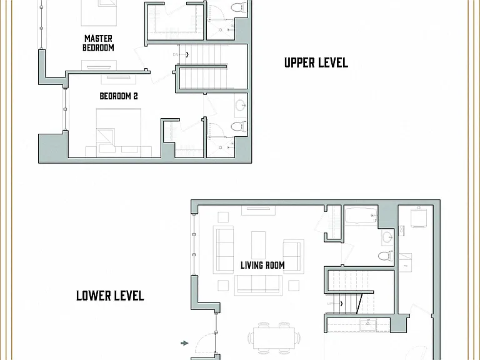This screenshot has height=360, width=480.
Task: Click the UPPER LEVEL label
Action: click(x=316, y=62)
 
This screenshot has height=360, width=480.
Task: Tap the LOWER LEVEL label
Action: click(x=110, y=296)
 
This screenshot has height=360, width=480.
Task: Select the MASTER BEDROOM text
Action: click(x=98, y=43)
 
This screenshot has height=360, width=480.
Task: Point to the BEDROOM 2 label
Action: click(x=119, y=96)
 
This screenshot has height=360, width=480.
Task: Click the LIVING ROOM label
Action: click(x=262, y=265)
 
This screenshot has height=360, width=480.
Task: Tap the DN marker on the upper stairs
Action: click(x=176, y=55)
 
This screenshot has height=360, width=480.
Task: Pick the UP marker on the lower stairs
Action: click(x=330, y=304)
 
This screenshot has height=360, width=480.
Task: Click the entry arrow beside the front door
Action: click(x=184, y=343)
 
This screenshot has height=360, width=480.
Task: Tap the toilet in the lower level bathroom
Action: click(x=386, y=256)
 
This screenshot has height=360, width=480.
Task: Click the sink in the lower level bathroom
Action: click(x=388, y=237)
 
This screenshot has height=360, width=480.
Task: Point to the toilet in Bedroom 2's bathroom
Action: click(x=239, y=126)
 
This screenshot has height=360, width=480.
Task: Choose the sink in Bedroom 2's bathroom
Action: click(x=241, y=106)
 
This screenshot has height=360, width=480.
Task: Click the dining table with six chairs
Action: click(x=274, y=338)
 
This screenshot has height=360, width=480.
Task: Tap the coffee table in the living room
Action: click(x=258, y=245)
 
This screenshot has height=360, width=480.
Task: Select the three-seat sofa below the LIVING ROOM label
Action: click(x=258, y=285)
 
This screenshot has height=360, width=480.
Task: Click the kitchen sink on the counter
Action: click(x=368, y=325)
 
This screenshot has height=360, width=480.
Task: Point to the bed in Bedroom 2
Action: click(x=119, y=131)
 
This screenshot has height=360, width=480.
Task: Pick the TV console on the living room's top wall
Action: click(x=258, y=211)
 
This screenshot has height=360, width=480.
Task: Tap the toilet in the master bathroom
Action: click(x=239, y=7)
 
